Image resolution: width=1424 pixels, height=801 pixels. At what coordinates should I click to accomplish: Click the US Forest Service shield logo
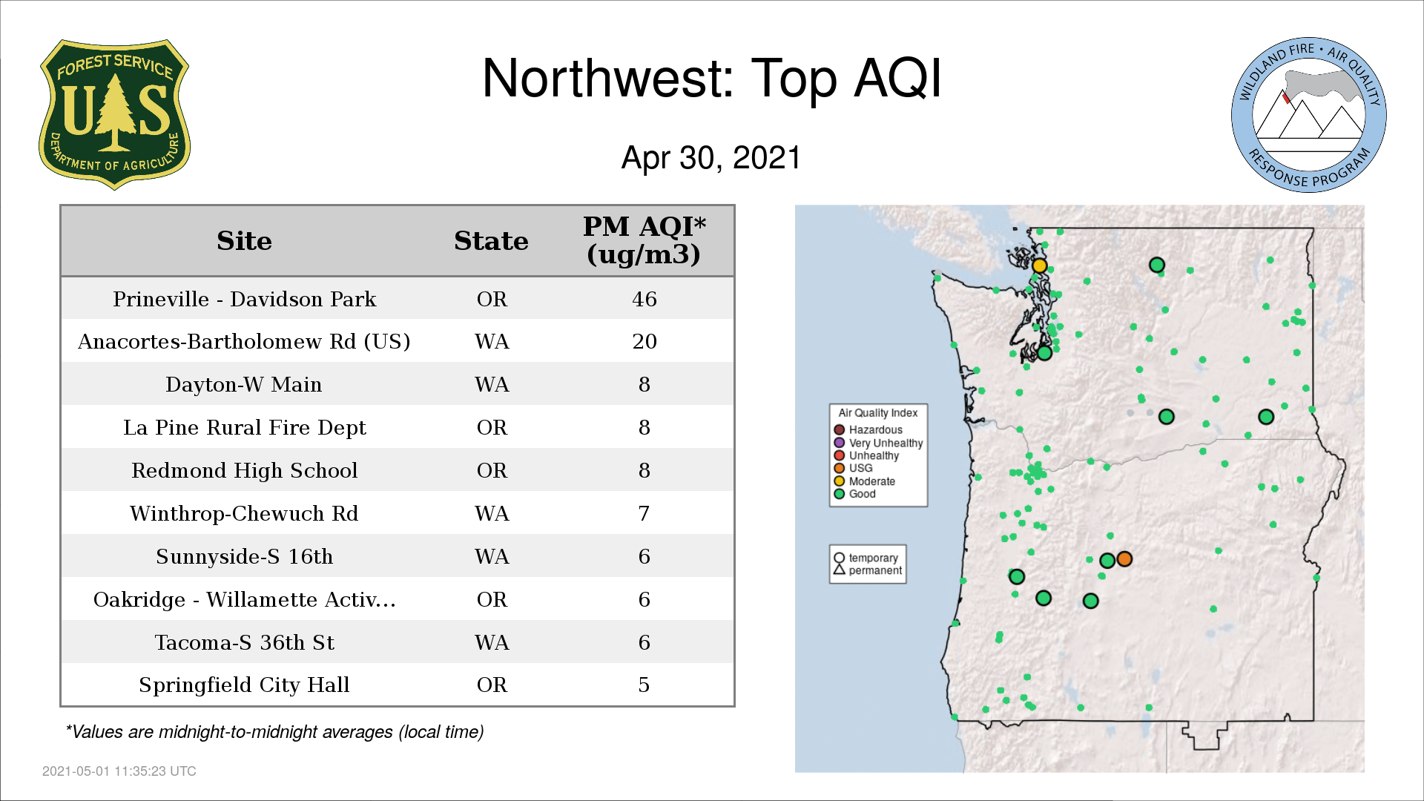point(114,114)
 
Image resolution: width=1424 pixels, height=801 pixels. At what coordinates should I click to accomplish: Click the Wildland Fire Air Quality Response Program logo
point(1308,115)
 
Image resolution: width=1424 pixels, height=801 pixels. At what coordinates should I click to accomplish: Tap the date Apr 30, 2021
point(711,158)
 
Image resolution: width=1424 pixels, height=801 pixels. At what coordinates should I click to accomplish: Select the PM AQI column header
point(644,240)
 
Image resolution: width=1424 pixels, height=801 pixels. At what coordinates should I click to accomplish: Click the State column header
point(491,241)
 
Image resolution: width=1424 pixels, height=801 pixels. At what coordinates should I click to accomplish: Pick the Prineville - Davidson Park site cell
point(245,299)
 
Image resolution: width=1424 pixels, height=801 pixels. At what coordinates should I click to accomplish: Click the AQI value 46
point(645,299)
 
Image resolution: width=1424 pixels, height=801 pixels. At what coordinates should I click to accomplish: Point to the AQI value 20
point(645,341)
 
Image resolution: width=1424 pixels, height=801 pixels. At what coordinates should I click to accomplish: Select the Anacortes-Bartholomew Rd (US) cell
point(244,341)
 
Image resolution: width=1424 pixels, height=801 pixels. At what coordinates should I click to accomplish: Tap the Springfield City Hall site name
point(244,685)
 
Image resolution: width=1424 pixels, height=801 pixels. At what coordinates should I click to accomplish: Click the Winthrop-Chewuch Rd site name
point(244,513)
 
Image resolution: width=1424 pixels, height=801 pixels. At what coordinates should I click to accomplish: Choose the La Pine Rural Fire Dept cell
point(245,427)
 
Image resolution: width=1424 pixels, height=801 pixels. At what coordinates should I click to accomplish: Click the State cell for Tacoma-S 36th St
point(492,642)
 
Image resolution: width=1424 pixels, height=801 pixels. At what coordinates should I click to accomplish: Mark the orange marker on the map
point(1124,558)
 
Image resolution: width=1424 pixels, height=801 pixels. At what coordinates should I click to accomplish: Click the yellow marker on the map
point(1040,266)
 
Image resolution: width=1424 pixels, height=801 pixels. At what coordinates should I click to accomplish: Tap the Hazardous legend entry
point(868,429)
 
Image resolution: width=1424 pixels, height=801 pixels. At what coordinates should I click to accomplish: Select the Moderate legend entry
point(865,481)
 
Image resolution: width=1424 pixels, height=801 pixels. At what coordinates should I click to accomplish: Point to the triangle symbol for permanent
point(840,570)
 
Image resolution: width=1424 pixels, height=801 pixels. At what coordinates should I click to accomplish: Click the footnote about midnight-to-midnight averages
point(274,732)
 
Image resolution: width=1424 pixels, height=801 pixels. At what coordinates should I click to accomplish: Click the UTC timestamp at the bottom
point(119,771)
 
